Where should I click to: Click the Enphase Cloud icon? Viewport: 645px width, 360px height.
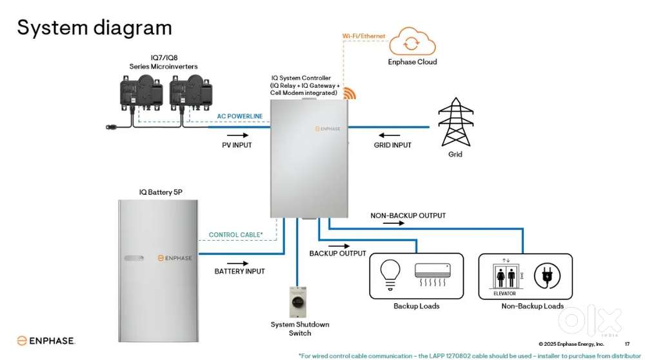411,42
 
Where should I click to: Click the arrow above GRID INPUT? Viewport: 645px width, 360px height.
391,135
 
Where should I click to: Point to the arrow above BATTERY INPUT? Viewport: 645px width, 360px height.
238,263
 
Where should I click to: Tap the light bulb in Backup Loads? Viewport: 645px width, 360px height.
392,274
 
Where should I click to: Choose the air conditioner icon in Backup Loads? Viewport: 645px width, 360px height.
432,275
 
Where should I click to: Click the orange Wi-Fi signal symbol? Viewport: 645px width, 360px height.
349,93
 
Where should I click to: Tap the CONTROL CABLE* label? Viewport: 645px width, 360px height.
235,235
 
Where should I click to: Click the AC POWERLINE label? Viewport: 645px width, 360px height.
239,116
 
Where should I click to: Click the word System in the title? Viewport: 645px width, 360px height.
52,28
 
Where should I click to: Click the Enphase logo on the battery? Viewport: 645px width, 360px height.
174,258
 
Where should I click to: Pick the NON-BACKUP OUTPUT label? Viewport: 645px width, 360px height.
408,215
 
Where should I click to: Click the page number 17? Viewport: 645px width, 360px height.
627,344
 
